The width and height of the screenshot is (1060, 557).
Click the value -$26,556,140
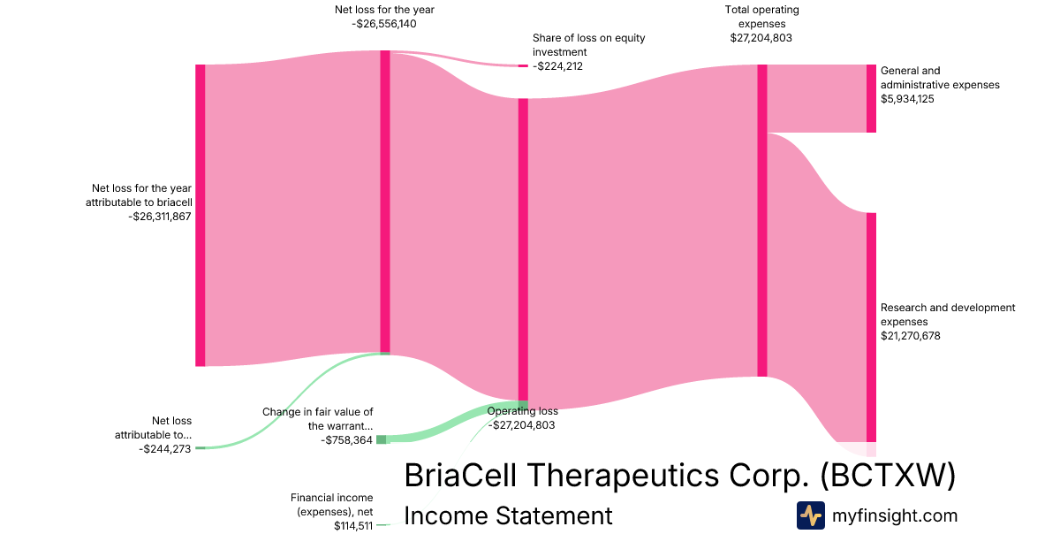383,24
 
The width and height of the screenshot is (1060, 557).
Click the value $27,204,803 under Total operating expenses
761,38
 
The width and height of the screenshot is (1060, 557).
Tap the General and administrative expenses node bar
871,98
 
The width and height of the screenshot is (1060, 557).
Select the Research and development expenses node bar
871,327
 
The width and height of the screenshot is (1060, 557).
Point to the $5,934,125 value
907,99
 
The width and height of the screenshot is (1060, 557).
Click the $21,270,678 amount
911,336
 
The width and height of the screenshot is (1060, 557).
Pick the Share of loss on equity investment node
523,65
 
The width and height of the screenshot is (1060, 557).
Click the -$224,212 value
557,66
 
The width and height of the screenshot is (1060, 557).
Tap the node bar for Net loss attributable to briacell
201,216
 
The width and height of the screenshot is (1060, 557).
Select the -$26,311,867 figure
160,217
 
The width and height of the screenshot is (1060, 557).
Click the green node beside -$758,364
381,439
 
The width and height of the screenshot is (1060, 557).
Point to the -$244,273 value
164,449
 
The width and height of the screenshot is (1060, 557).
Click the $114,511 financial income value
353,526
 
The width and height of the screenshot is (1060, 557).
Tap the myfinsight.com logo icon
811,515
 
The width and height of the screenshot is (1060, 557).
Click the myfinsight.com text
895,515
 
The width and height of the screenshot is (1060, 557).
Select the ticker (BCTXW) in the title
888,475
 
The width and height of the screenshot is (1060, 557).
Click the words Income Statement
508,515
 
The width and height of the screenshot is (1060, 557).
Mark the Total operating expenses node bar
761,221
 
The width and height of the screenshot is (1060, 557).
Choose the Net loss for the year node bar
385,202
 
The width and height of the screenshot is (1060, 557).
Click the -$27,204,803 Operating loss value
521,425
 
